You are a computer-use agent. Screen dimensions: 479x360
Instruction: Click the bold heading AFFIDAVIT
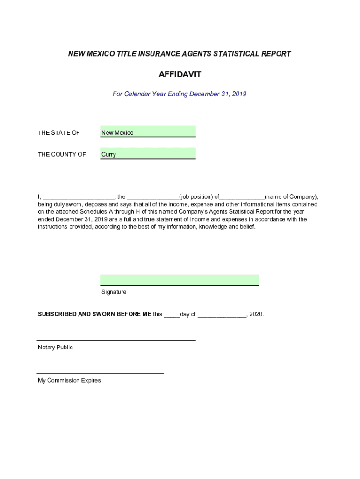click(x=180, y=74)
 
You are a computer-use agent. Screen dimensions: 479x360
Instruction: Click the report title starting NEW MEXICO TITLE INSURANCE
click(x=180, y=54)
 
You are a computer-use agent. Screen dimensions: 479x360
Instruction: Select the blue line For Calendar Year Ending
click(x=180, y=94)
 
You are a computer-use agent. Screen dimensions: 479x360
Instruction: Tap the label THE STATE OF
click(x=59, y=133)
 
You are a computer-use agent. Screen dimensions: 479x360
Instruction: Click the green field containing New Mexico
click(x=148, y=132)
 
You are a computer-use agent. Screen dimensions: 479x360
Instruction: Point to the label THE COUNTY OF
click(x=62, y=154)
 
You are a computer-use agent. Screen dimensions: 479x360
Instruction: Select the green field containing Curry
click(x=148, y=153)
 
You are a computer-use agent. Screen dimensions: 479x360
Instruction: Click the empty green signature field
click(x=180, y=280)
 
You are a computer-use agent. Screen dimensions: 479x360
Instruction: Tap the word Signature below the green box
click(x=114, y=292)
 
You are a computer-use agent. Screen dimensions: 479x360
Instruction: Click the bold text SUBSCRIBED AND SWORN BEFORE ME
click(x=94, y=314)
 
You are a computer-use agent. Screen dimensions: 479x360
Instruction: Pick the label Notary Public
click(x=55, y=348)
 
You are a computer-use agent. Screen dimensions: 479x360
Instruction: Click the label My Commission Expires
click(x=69, y=381)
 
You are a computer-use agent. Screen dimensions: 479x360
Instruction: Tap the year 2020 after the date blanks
click(x=256, y=314)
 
